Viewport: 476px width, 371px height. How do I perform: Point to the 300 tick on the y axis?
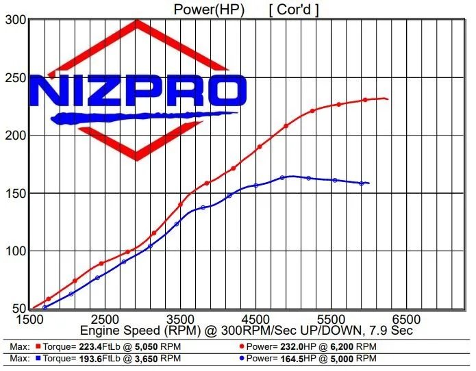(13, 20)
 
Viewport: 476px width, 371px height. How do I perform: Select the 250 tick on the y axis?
(13, 78)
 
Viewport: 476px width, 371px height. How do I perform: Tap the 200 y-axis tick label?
(13, 136)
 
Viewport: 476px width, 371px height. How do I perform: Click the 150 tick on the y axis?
(13, 194)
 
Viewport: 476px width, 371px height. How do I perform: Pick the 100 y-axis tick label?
(13, 251)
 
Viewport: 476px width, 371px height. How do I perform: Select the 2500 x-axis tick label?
(103, 320)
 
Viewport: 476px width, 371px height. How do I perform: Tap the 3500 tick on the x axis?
(179, 320)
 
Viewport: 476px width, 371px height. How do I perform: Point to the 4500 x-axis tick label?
(255, 320)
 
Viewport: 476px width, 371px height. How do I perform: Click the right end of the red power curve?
(388, 99)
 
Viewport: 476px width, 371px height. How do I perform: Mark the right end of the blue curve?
(369, 183)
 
